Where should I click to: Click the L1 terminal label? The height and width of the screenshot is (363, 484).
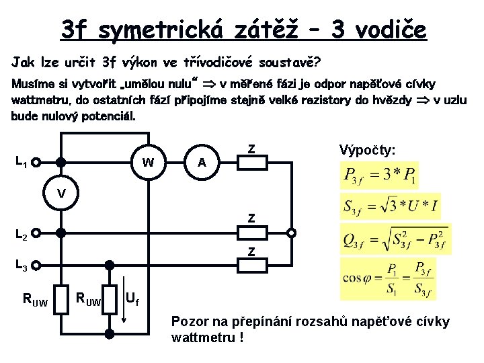tap(21, 162)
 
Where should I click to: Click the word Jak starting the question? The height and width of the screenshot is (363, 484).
tap(24, 63)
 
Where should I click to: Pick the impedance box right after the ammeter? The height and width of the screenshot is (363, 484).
tap(251, 162)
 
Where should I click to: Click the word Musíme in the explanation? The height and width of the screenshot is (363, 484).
tap(33, 85)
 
